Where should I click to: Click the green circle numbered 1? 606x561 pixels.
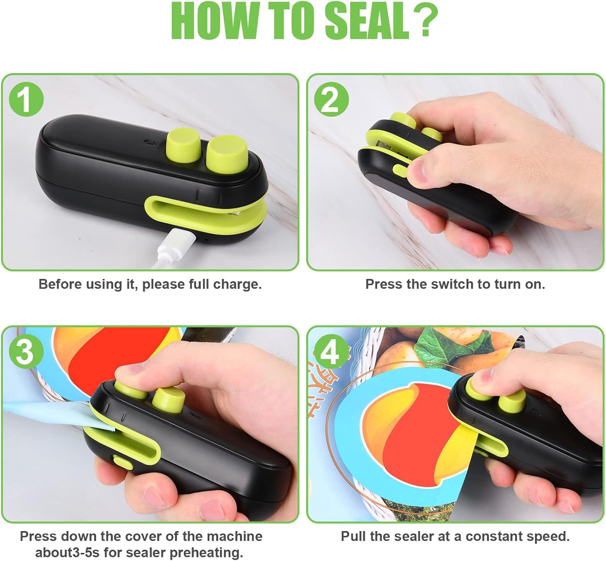click(x=26, y=99)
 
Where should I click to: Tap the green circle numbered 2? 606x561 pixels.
click(x=332, y=99)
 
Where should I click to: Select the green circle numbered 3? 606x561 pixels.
click(x=26, y=352)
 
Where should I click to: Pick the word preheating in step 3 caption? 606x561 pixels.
click(x=206, y=553)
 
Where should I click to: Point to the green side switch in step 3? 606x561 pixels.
click(x=123, y=462)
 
